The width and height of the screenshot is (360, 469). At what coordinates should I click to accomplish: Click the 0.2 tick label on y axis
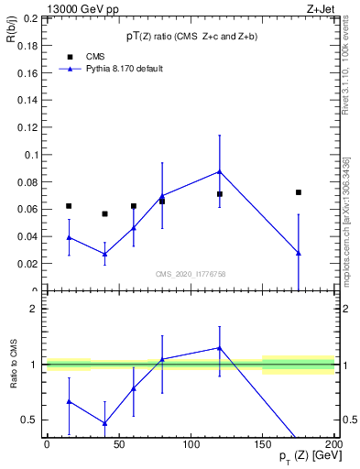click(x=31, y=18)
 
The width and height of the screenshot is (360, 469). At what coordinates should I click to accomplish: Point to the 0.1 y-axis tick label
click(x=31, y=155)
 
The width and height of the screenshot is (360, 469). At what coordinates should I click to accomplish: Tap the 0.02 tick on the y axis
click(x=28, y=264)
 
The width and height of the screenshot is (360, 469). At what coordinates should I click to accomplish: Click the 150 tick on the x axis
click(x=263, y=444)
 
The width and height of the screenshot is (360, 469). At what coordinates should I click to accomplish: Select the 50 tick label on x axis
click(x=119, y=444)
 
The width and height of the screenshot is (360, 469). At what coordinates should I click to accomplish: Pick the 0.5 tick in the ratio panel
click(x=31, y=420)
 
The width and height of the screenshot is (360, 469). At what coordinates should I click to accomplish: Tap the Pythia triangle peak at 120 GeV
click(x=220, y=171)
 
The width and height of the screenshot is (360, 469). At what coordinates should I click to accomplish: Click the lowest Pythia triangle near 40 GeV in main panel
click(x=104, y=254)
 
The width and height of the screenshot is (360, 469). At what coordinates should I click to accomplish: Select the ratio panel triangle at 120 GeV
click(x=220, y=348)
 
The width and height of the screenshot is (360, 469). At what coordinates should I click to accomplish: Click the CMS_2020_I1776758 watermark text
click(x=191, y=273)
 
